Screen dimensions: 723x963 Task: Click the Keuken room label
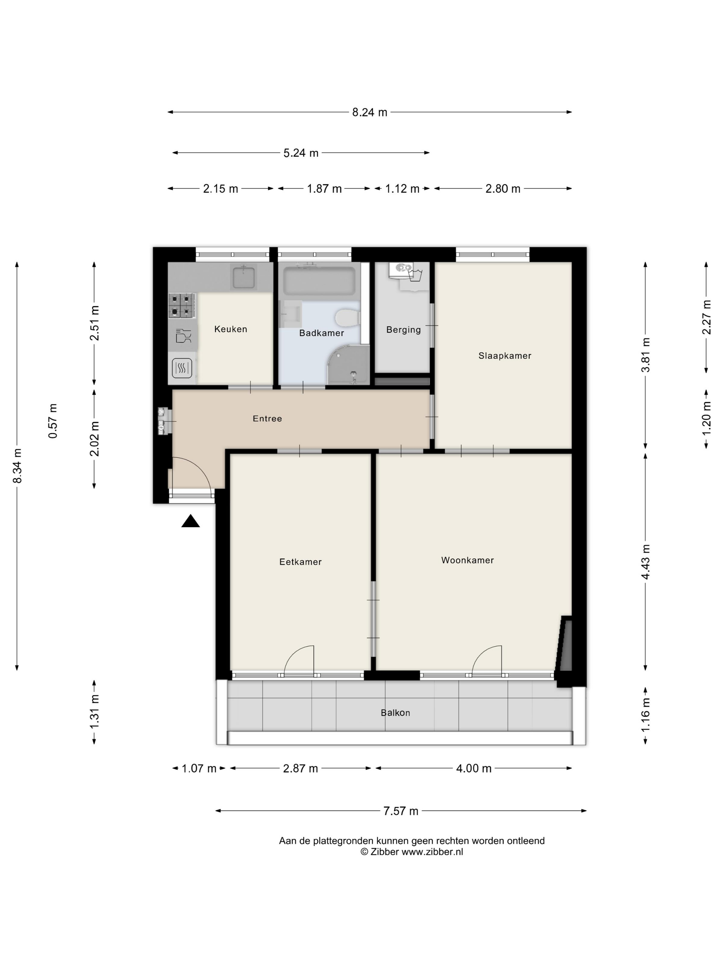[231, 329]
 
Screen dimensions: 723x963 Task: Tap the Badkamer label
[322, 333]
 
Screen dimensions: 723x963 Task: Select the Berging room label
[404, 330]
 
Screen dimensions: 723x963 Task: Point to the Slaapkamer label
[505, 356]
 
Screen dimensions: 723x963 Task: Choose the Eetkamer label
[300, 562]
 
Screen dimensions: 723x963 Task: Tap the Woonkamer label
[467, 560]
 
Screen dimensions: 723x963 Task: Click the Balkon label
[395, 713]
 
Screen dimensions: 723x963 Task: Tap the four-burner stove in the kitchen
[182, 305]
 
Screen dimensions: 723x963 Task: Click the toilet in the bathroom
[347, 317]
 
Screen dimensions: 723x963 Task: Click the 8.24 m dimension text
[369, 112]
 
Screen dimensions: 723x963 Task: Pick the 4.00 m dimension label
[473, 768]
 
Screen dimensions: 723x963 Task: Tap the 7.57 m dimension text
[400, 811]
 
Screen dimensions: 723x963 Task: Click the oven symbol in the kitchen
[182, 368]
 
